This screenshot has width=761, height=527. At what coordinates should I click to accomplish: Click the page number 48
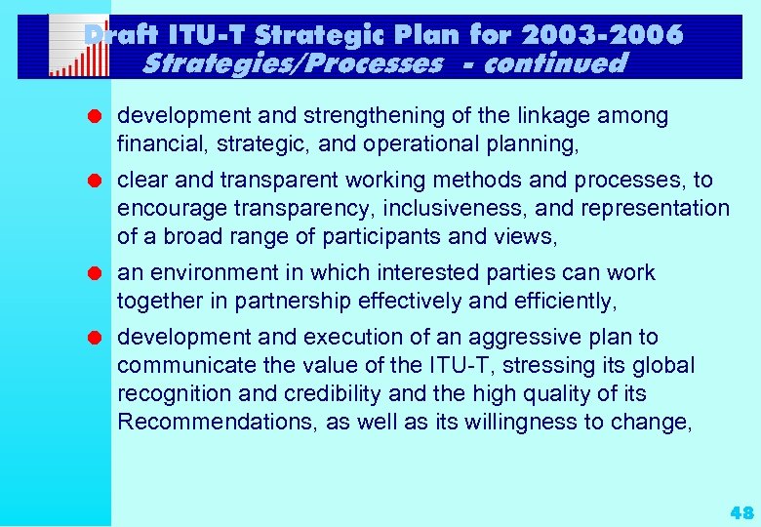[741, 512]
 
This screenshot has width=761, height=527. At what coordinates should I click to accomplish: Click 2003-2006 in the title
[602, 35]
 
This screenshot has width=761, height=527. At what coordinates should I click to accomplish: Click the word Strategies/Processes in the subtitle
[292, 64]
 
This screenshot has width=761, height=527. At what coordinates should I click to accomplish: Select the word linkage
[549, 116]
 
